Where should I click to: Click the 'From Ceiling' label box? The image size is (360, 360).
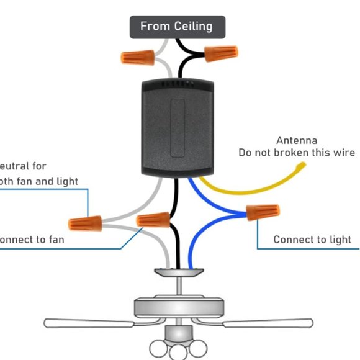(x=177, y=27)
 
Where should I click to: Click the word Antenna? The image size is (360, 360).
(x=297, y=140)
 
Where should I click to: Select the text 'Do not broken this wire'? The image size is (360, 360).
(x=297, y=153)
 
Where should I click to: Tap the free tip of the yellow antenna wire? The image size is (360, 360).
(x=304, y=164)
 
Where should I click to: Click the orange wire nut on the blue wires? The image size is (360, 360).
(x=262, y=212)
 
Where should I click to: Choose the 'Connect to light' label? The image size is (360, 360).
(x=312, y=240)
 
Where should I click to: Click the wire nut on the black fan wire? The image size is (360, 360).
(x=153, y=220)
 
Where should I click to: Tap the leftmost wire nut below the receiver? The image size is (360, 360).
(x=85, y=222)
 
